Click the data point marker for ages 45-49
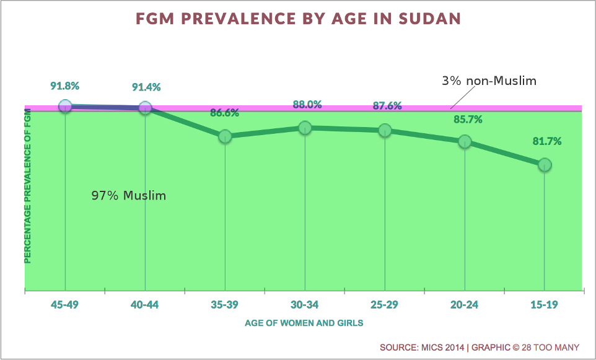(x=65, y=107)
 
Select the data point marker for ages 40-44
(x=145, y=108)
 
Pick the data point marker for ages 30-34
(x=305, y=128)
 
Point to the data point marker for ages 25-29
(x=385, y=130)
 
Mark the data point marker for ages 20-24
(x=465, y=141)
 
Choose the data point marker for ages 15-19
(x=545, y=165)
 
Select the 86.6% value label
(x=224, y=113)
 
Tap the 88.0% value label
(x=307, y=105)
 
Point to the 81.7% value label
(x=546, y=141)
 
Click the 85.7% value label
(x=466, y=119)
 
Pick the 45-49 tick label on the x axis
(x=65, y=305)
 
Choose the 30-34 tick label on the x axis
(x=305, y=305)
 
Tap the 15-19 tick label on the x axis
(x=545, y=305)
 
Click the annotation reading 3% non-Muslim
(x=489, y=81)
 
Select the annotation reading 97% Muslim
(x=129, y=196)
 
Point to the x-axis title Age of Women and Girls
(x=304, y=323)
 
